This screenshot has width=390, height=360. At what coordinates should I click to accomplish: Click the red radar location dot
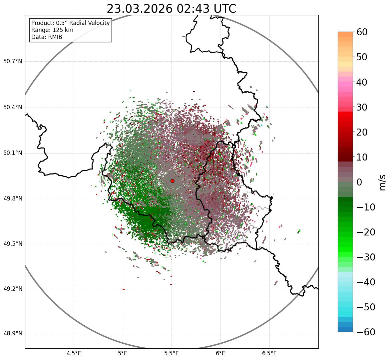coord(172,181)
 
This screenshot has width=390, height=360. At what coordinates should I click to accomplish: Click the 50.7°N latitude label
coord(13,62)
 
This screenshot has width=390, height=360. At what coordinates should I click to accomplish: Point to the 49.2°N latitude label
coord(13,289)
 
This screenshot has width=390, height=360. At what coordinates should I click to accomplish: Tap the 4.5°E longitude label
coord(74,353)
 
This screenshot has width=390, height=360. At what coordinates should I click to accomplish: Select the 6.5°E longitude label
coord(269,353)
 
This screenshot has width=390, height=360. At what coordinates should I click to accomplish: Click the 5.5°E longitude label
coord(172,353)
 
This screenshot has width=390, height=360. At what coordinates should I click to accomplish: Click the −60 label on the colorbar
coord(366,332)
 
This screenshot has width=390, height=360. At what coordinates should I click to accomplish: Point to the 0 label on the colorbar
coord(359,182)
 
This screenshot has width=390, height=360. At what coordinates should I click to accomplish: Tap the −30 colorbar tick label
coord(366,257)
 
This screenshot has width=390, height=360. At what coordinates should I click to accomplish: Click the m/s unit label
coord(382,182)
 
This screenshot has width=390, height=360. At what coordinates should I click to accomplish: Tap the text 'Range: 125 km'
coord(52,30)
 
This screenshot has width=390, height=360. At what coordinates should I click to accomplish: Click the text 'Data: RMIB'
coord(47,37)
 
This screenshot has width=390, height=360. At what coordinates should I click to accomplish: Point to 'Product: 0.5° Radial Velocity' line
coord(70,23)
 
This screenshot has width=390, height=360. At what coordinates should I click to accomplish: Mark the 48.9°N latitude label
coord(13,334)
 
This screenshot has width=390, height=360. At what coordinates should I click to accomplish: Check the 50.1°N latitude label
coord(13,153)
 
